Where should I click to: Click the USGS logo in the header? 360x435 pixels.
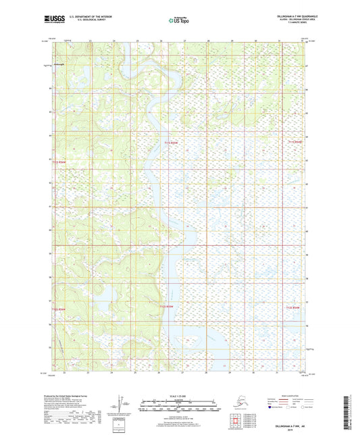point(53,20)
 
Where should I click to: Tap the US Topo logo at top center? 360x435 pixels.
point(178,20)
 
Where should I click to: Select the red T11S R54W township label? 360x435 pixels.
point(297,142)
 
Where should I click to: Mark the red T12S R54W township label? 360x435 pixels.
point(297,308)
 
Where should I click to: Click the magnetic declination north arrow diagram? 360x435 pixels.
point(121,404)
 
